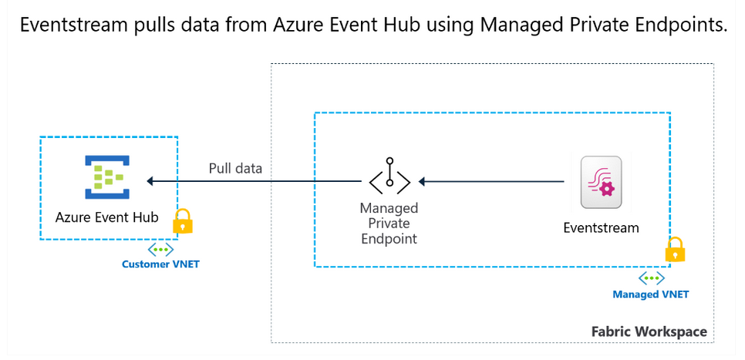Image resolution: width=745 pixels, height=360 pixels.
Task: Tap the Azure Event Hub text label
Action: pos(107,217)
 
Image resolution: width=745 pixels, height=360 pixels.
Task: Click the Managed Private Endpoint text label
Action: pos(389,224)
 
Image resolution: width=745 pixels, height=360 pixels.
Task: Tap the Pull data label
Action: pos(235,168)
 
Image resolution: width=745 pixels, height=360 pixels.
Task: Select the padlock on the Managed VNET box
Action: pos(675,250)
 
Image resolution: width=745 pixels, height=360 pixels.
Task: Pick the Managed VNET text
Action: pos(651,294)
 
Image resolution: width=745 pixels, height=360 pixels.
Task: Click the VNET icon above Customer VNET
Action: pos(160,250)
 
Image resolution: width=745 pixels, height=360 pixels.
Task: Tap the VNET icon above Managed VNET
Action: pos(651,278)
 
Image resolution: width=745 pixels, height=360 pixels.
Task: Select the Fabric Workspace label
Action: pos(649,331)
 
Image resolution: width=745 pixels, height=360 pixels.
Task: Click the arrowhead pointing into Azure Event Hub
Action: pos(151,182)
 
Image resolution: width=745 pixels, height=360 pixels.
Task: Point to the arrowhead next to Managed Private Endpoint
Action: pos(423,182)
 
